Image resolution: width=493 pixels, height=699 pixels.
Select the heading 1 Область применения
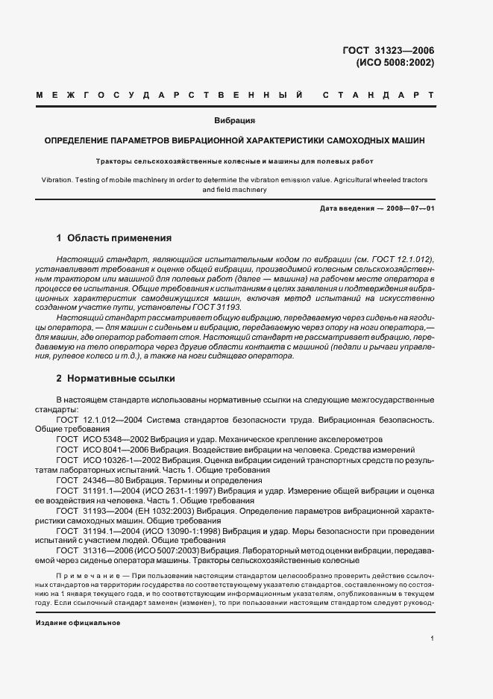pos(114,238)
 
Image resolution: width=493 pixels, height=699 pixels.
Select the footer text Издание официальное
pos(78,622)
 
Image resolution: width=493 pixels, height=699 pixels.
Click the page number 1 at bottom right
pos(432,638)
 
